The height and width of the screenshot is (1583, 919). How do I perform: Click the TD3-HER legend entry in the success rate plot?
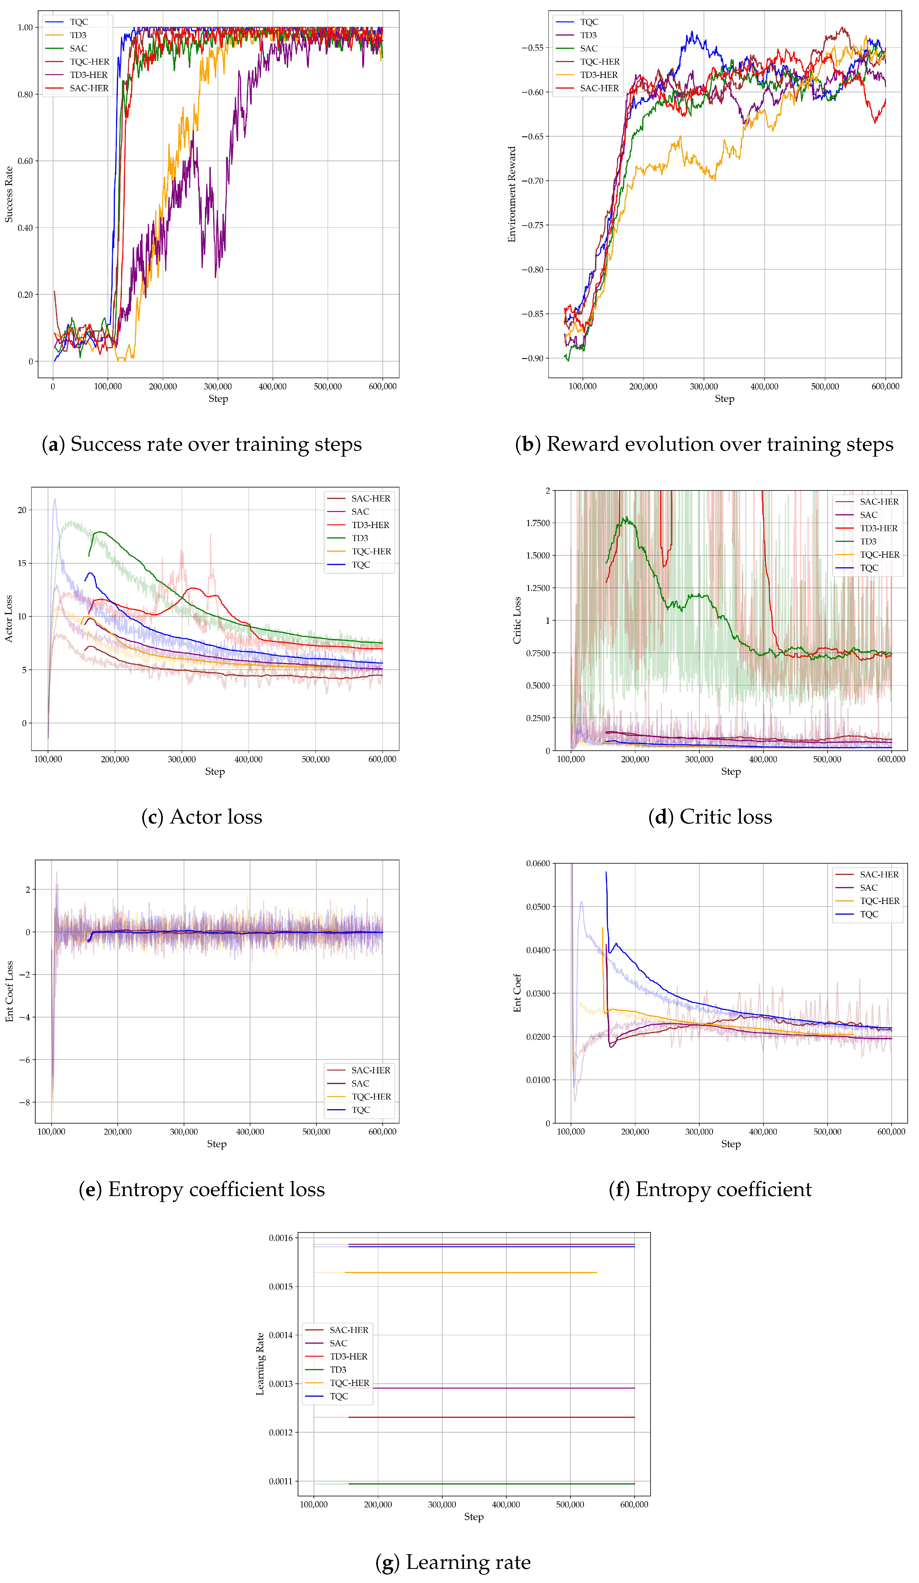click(88, 75)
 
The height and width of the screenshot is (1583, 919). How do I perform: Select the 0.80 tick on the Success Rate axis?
click(25, 94)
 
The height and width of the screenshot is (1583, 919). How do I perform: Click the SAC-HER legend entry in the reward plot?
click(599, 88)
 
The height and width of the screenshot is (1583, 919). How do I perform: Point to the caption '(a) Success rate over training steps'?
click(202, 444)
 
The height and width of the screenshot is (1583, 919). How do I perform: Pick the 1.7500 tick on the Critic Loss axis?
click(537, 523)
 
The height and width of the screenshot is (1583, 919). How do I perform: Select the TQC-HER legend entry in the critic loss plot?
click(879, 555)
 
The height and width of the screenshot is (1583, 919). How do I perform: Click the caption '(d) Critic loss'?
click(710, 817)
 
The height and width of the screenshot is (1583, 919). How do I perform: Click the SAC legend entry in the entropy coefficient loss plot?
click(360, 1083)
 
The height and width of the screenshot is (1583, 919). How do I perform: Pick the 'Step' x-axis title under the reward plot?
click(724, 399)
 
